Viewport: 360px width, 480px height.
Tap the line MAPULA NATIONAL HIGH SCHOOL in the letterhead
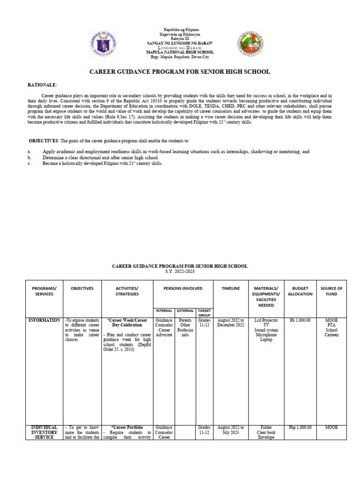coord(180,52)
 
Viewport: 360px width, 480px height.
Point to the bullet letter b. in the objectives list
coord(29,158)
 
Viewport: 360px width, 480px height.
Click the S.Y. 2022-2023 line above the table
coord(180,271)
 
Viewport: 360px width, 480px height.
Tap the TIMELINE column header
coord(231,288)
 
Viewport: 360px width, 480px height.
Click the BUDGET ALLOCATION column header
coord(300,291)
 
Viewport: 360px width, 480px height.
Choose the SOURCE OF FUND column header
coord(331,291)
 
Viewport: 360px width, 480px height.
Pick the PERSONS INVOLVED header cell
coord(183,288)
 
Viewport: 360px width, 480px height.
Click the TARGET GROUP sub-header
coord(204,312)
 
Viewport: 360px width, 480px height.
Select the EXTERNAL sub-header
coord(185,310)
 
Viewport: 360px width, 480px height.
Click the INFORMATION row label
coord(44,320)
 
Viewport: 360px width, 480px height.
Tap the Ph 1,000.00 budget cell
coord(300,320)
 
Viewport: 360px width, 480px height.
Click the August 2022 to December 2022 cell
coord(231,322)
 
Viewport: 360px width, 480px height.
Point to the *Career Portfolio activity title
coord(127,427)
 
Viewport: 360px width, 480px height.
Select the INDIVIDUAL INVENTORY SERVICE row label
coord(44,432)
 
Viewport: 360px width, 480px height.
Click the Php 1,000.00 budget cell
coord(300,427)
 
